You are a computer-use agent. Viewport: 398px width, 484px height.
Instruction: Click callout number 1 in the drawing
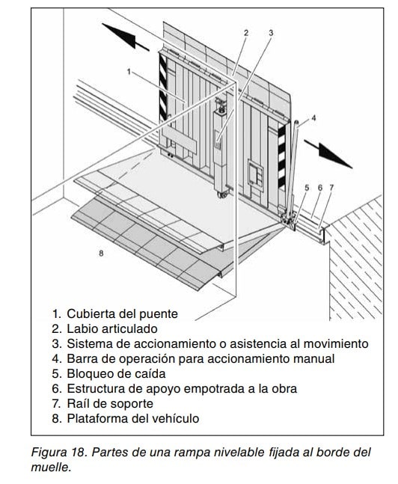pyautogui.click(x=129, y=72)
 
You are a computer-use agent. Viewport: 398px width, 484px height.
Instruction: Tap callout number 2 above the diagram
pyautogui.click(x=246, y=33)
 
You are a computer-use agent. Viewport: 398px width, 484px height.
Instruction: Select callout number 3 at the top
pyautogui.click(x=271, y=33)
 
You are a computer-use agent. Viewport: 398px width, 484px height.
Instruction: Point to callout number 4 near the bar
pyautogui.click(x=313, y=118)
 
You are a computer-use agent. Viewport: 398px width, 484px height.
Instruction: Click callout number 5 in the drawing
pyautogui.click(x=307, y=187)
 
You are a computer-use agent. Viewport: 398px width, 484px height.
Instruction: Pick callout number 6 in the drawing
pyautogui.click(x=320, y=187)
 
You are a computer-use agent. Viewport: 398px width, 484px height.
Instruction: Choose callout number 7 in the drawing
pyautogui.click(x=331, y=187)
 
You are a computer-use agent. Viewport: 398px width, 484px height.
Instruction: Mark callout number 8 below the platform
pyautogui.click(x=101, y=254)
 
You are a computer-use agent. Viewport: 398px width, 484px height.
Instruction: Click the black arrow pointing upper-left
pyautogui.click(x=126, y=37)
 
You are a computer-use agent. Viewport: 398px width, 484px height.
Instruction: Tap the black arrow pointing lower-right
pyautogui.click(x=328, y=154)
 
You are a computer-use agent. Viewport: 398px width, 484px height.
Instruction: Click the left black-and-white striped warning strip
pyautogui.click(x=163, y=86)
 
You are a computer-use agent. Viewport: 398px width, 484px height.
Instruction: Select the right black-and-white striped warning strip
pyautogui.click(x=282, y=156)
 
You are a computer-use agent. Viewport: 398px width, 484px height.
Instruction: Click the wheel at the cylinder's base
pyautogui.click(x=223, y=195)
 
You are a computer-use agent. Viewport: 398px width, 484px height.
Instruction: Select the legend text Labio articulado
pyautogui.click(x=112, y=328)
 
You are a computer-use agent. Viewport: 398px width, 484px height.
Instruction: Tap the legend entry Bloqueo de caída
pyautogui.click(x=116, y=373)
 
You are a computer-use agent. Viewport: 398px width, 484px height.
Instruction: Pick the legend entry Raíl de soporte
pyautogui.click(x=110, y=403)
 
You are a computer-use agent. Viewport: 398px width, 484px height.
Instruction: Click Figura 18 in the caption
pyautogui.click(x=58, y=453)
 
